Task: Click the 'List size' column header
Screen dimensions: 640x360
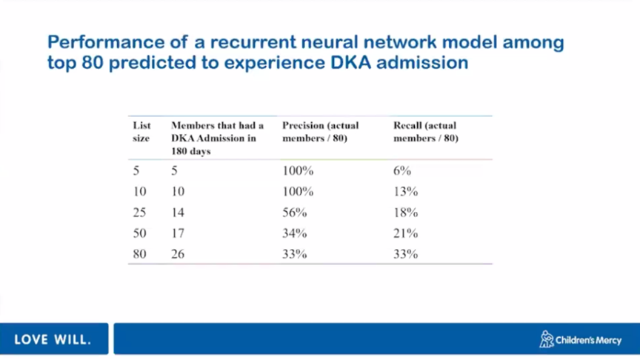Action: click(141, 132)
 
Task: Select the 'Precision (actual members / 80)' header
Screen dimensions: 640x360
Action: click(321, 132)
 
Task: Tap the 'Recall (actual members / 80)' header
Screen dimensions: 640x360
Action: click(426, 132)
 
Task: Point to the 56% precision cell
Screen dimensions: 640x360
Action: click(294, 213)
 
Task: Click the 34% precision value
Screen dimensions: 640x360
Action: click(294, 233)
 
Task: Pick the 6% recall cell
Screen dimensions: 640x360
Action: click(402, 170)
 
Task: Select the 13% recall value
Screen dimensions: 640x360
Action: click(405, 191)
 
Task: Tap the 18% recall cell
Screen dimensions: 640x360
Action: click(405, 213)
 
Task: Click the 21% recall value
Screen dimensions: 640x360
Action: click(405, 233)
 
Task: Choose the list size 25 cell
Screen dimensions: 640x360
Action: click(139, 213)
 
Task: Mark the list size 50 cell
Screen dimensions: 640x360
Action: click(139, 233)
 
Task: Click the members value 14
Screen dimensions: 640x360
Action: click(178, 213)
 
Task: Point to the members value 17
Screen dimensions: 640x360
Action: click(178, 233)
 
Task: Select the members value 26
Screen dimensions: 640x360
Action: click(178, 254)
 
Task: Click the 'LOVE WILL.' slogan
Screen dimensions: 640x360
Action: click(53, 339)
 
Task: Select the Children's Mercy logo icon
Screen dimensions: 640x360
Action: click(546, 339)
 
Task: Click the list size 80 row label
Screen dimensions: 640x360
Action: click(139, 254)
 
